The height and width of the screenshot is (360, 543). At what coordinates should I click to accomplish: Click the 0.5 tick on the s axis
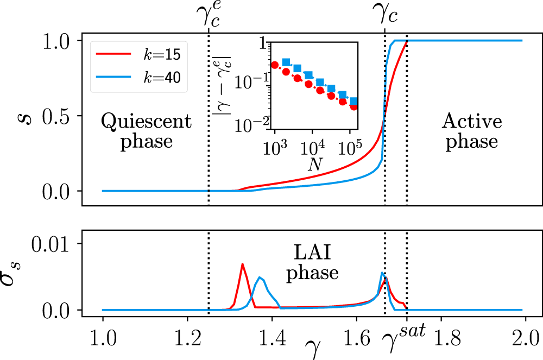(61, 116)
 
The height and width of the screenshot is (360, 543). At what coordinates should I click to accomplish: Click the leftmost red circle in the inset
(275, 65)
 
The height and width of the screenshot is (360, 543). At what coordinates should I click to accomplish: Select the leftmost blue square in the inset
(286, 62)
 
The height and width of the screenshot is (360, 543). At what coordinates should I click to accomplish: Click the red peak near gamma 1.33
(242, 264)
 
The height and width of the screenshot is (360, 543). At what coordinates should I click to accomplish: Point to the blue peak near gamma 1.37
(261, 278)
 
